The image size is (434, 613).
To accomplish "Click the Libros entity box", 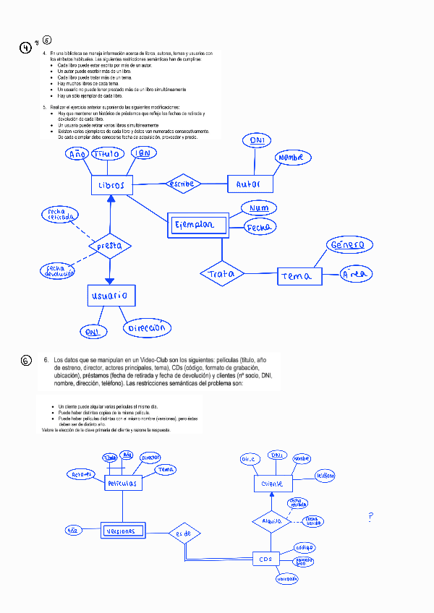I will tap(111, 185).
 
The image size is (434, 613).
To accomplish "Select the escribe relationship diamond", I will tap(182, 184).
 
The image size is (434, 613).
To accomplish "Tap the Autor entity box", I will tap(250, 184).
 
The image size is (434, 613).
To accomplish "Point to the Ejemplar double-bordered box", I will tap(197, 225).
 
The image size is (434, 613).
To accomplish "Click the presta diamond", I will tap(109, 246).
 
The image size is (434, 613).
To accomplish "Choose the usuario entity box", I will tap(109, 295).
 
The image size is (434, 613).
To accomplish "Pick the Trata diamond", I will tap(222, 274).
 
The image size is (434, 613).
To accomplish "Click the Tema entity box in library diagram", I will tap(297, 276).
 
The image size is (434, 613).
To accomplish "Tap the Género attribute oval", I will tap(349, 246).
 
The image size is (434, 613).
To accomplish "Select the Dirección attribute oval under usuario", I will tap(147, 328).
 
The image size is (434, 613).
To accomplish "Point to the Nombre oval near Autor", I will tap(293, 158).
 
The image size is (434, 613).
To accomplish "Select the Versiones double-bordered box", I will tap(120, 531).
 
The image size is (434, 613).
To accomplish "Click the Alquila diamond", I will tap(271, 520).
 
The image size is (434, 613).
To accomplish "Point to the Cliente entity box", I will tap(272, 484).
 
